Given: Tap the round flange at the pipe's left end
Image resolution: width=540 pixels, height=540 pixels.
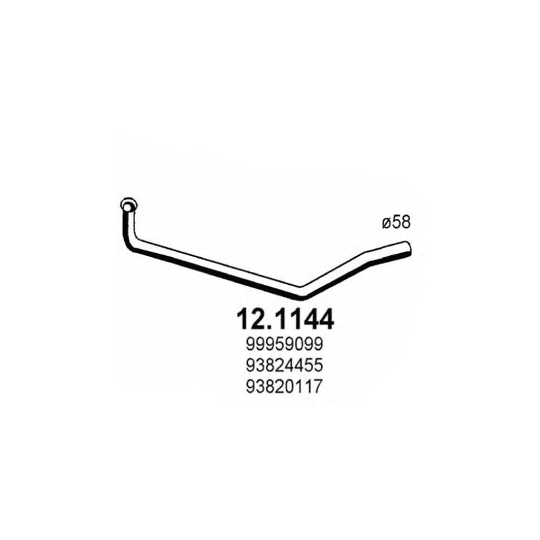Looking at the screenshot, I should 127,205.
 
